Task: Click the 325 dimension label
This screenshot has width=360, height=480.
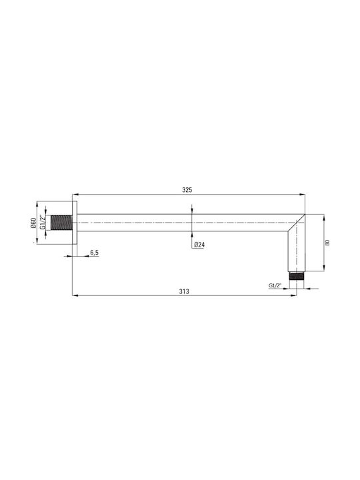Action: click(x=187, y=190)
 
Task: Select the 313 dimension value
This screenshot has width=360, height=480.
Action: click(x=184, y=291)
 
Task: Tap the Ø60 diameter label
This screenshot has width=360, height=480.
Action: click(x=34, y=223)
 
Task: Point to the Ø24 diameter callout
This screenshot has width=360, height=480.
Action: click(x=199, y=245)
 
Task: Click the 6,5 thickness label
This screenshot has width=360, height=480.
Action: click(x=94, y=253)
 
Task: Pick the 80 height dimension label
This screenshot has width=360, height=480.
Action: click(x=327, y=243)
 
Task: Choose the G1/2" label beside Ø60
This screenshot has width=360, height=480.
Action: click(x=43, y=223)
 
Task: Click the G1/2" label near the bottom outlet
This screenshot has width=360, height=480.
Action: click(x=275, y=285)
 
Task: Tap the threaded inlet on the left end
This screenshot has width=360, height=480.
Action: click(x=61, y=223)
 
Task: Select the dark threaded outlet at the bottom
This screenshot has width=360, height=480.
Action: click(x=296, y=276)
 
